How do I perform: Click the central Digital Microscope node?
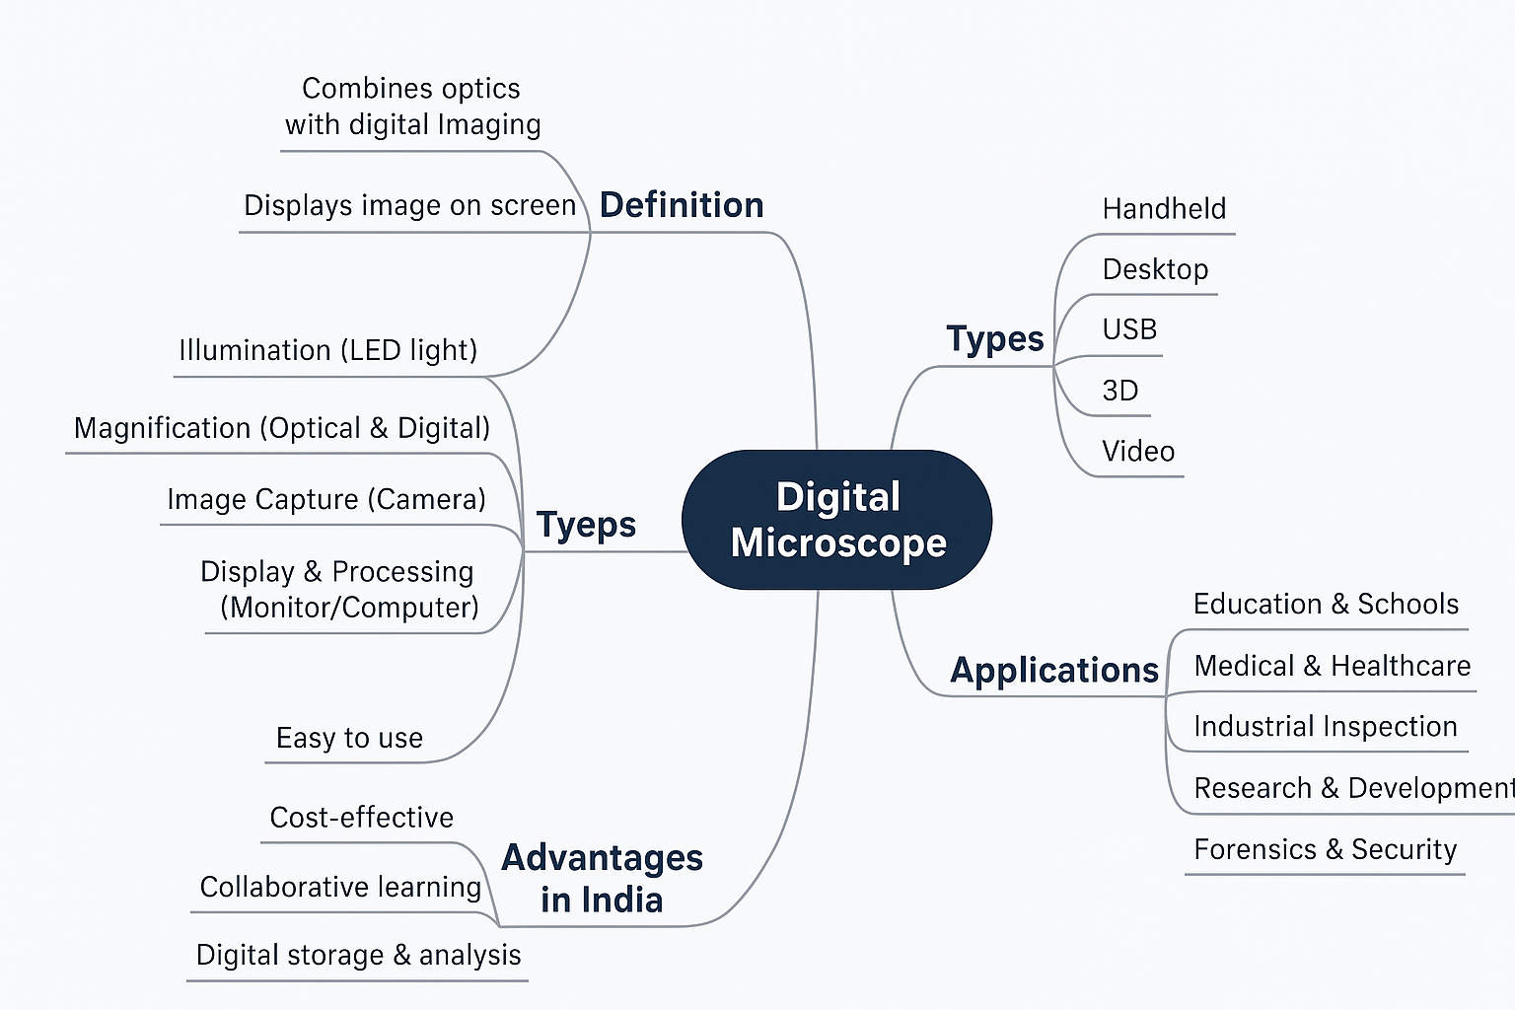pos(837,520)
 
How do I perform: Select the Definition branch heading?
pos(682,205)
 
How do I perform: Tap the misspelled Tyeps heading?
pos(586,525)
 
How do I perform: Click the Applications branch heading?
pos(1054,671)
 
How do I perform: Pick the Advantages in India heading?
pos(602,879)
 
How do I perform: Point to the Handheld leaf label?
pos(1164,209)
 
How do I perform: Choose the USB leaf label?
pos(1129,329)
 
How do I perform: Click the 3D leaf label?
pos(1120,391)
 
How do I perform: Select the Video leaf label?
pos(1138,452)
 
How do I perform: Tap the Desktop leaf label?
pos(1155,269)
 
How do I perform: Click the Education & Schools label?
pos(1326,604)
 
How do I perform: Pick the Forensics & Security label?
pos(1325,849)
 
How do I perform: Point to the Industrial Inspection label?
pos(1325,727)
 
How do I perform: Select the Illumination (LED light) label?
pos(327,350)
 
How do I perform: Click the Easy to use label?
pos(349,738)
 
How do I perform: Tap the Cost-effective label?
pos(361,818)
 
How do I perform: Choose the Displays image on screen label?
pos(409,205)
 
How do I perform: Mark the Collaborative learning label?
pos(340,887)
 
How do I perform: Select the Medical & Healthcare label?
pos(1332,666)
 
